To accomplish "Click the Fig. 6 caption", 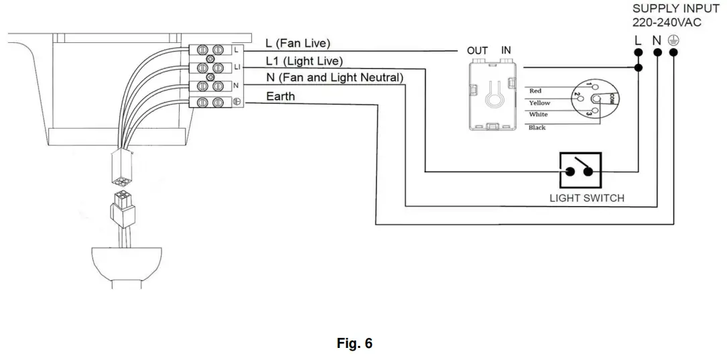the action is point(354,343).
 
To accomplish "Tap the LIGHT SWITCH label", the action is point(587,198).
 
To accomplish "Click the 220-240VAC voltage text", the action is point(667,23).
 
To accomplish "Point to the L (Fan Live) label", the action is point(298,43).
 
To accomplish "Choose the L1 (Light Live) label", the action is point(304,61).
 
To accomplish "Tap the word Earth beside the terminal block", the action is point(280,96).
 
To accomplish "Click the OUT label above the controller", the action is point(478,50).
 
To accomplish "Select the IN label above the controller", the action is point(506,50).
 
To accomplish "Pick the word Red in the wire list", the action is point(535,91).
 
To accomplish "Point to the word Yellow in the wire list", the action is point(539,103).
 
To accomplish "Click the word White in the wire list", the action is point(538,114).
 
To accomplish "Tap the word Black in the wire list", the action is point(537,127).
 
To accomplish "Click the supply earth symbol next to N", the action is point(673,41).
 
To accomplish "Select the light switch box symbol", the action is point(580,171).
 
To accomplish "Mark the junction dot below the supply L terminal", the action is point(639,68).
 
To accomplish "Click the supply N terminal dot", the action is point(657,52).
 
